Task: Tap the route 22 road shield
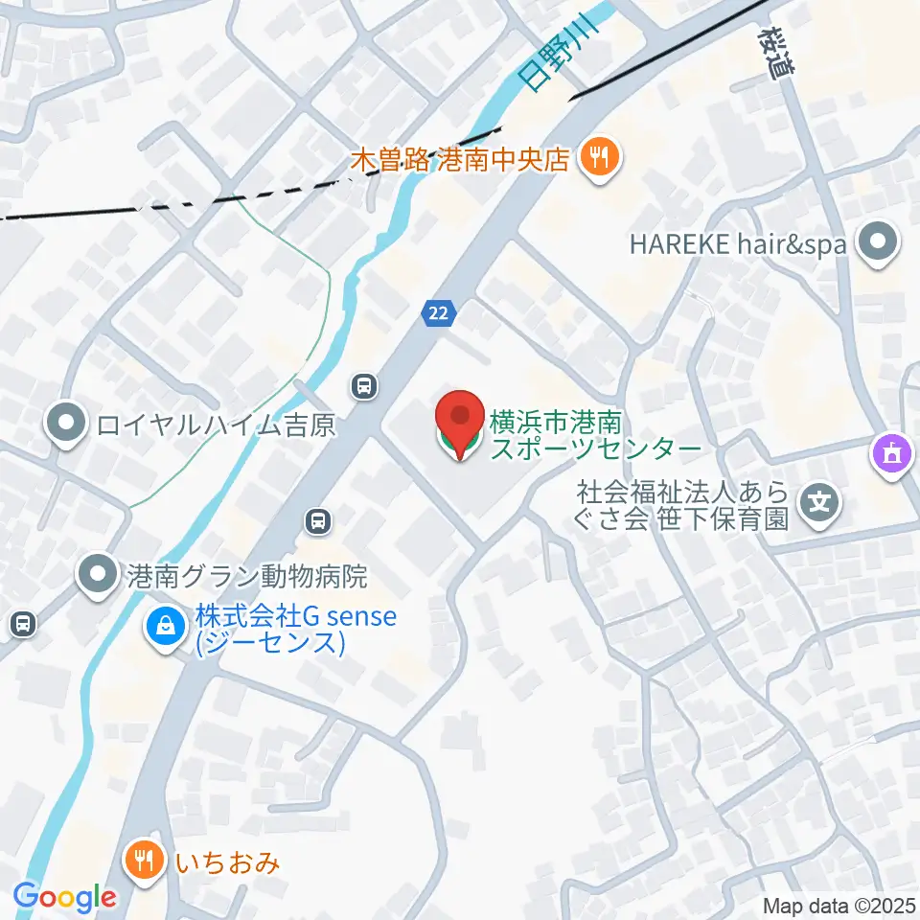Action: (438, 312)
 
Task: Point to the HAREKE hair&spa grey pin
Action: (879, 243)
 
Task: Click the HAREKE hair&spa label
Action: (737, 244)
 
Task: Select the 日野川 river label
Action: (557, 59)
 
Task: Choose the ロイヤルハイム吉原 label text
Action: (215, 425)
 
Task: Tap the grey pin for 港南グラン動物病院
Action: (99, 576)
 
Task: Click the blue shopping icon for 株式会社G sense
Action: (166, 628)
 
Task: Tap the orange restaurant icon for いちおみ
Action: (144, 862)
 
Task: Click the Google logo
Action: (64, 898)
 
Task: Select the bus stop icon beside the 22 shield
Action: (363, 387)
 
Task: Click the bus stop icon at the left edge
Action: (21, 625)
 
